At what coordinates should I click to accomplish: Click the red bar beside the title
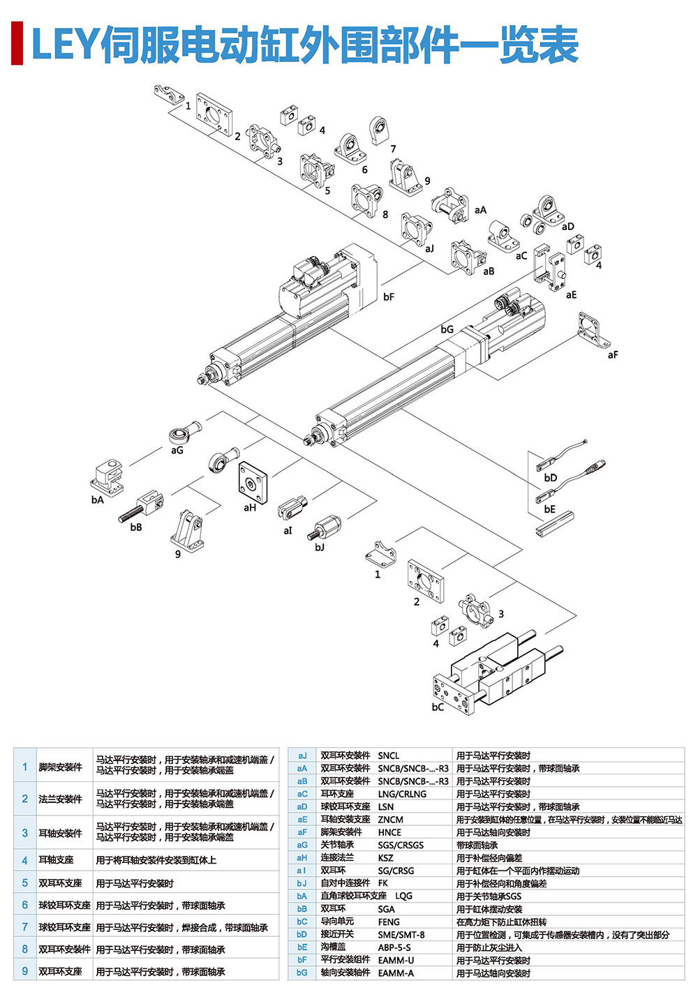coord(17,44)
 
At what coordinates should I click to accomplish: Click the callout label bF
coord(389,297)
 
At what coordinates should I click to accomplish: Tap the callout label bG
coord(447,329)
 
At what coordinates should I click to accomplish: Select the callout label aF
coord(613,355)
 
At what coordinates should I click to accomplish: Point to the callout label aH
coord(250,508)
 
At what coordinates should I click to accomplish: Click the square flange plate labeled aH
coord(252,481)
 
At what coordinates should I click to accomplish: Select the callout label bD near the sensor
coord(551,479)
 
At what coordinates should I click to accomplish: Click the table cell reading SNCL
coord(389,755)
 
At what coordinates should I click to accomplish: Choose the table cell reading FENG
coord(389,922)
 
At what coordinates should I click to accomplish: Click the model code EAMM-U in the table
coord(396,961)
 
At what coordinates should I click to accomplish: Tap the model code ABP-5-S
coord(394,947)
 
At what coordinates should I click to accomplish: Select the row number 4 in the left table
coord(25,861)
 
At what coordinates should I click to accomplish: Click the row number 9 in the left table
coord(25,971)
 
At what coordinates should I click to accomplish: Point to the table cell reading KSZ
coord(386,858)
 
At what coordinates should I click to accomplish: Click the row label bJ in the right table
coord(302,884)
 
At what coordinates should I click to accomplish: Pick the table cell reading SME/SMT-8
coord(401,935)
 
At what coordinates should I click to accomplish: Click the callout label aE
coord(572,295)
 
